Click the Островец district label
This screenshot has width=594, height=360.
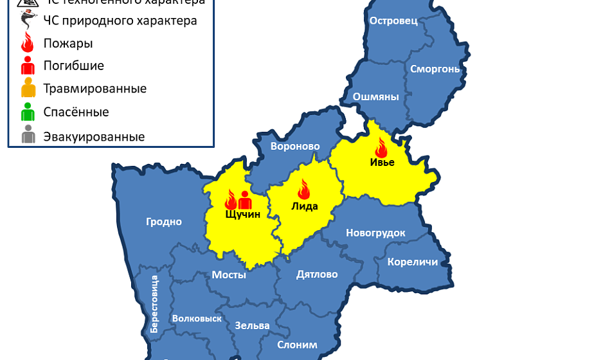coord(393,21)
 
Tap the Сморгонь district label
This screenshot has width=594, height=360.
coord(435,69)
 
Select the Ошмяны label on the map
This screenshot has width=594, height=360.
coord(376,97)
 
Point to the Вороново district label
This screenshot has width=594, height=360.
coord(295,147)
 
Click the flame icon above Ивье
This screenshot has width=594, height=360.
coord(381,147)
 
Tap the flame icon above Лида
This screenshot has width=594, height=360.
coord(303,188)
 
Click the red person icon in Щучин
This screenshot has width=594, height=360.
coord(245,200)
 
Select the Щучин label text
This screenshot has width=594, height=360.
coord(243,214)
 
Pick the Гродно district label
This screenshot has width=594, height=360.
coord(164,222)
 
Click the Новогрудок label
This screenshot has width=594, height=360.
coord(375,233)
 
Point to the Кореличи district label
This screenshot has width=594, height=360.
coord(412,262)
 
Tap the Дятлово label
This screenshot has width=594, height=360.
coord(317,274)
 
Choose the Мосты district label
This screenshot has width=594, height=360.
coord(229,275)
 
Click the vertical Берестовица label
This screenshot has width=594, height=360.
coord(154,303)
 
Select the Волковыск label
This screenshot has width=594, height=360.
coord(197,318)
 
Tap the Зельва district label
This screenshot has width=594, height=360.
coord(252,325)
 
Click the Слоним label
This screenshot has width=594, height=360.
coord(297,345)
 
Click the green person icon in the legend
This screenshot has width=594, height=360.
coord(28,113)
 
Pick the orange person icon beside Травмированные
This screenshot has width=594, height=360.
coord(28,88)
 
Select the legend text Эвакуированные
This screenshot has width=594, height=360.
coord(94,137)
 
